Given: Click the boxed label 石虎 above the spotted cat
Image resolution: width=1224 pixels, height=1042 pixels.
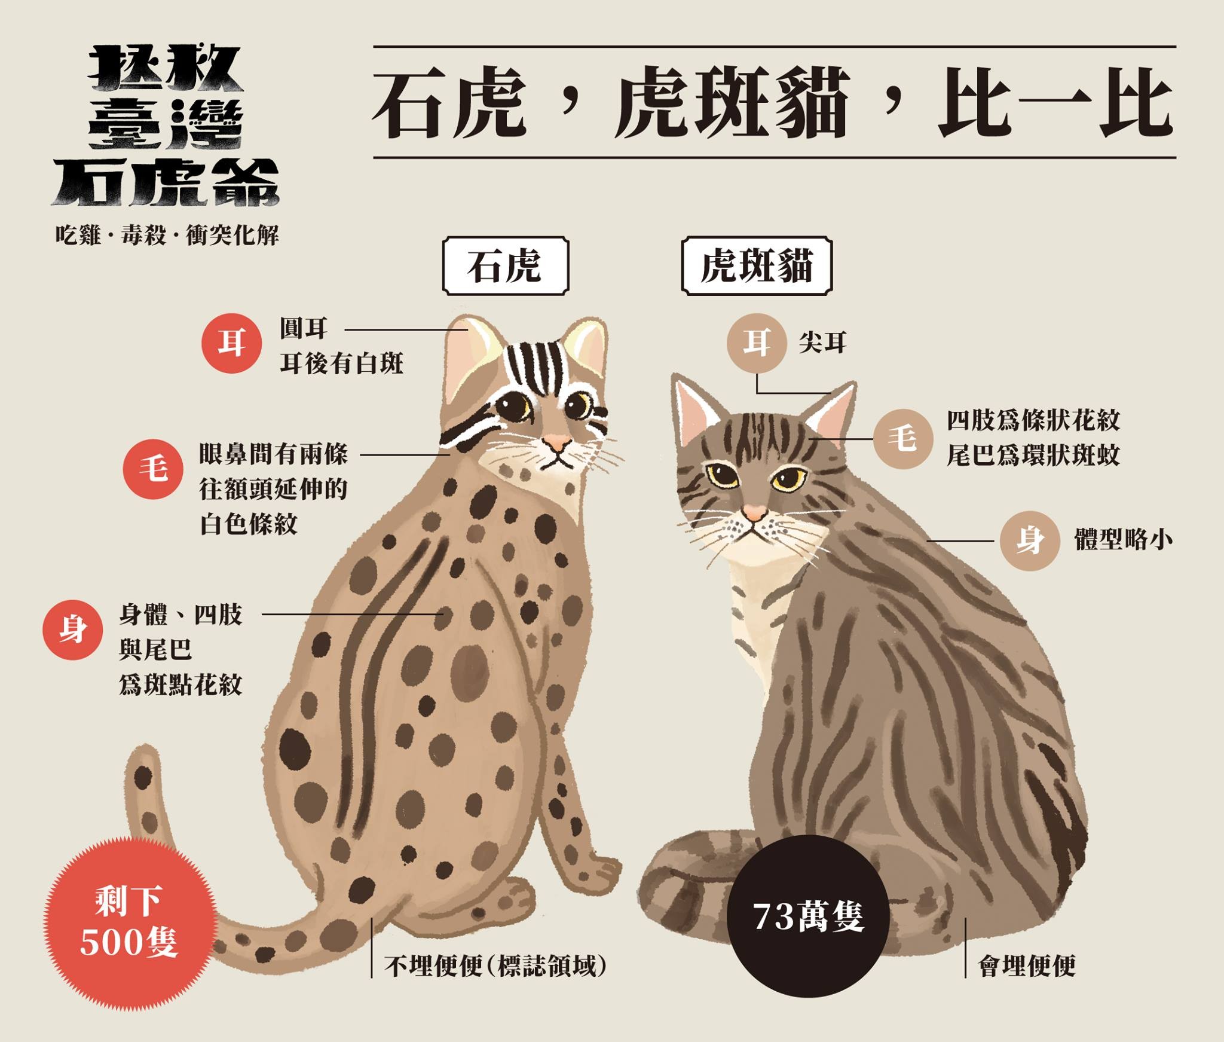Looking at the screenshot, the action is tap(505, 266).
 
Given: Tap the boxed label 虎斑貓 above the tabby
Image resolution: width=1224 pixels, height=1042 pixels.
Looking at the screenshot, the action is tap(757, 266).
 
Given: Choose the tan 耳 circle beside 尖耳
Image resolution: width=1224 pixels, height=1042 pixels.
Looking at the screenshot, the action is tap(756, 344).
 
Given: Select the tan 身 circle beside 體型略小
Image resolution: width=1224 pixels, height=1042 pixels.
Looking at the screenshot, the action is tap(1029, 540).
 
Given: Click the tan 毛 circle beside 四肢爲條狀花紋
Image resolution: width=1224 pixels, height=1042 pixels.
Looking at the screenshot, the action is tap(902, 439).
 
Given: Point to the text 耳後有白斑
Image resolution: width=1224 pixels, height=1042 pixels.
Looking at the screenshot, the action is tap(341, 363).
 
